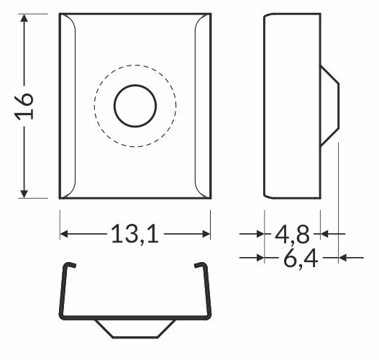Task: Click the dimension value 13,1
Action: coord(134,233)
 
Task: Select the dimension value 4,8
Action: coord(293,233)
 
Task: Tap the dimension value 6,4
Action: coord(301,257)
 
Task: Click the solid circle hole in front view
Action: coord(134,106)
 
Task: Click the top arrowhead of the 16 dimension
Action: coord(25,19)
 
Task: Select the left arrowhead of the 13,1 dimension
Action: coord(64,233)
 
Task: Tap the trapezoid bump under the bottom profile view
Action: coord(135,327)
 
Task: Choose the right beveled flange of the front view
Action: coord(204,106)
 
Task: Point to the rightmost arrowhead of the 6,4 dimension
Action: coord(343,257)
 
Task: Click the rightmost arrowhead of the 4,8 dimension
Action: coord(324,233)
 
